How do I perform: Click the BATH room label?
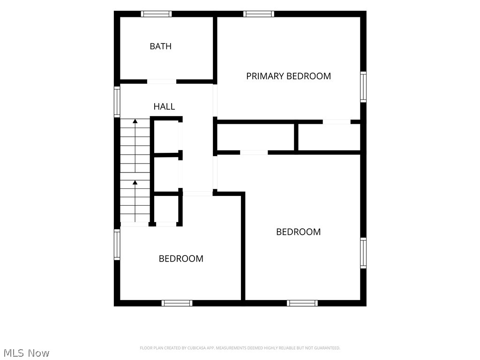(160, 46)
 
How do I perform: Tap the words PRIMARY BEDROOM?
(288, 76)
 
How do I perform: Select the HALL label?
(164, 106)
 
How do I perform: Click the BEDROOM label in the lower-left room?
(181, 259)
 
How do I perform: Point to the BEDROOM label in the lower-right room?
(299, 232)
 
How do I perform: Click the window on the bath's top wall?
(156, 14)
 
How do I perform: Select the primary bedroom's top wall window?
(259, 14)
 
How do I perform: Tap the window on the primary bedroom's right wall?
(363, 87)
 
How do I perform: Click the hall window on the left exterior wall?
(117, 102)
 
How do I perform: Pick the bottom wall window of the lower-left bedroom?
(177, 303)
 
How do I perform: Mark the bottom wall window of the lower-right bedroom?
(302, 303)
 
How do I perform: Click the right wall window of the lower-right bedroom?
(363, 253)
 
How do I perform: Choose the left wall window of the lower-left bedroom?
(117, 245)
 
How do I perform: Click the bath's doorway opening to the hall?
(162, 82)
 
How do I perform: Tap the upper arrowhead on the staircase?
(135, 121)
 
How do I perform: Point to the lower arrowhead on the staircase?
(135, 182)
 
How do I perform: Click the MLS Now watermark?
(26, 353)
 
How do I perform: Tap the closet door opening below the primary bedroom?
(337, 122)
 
